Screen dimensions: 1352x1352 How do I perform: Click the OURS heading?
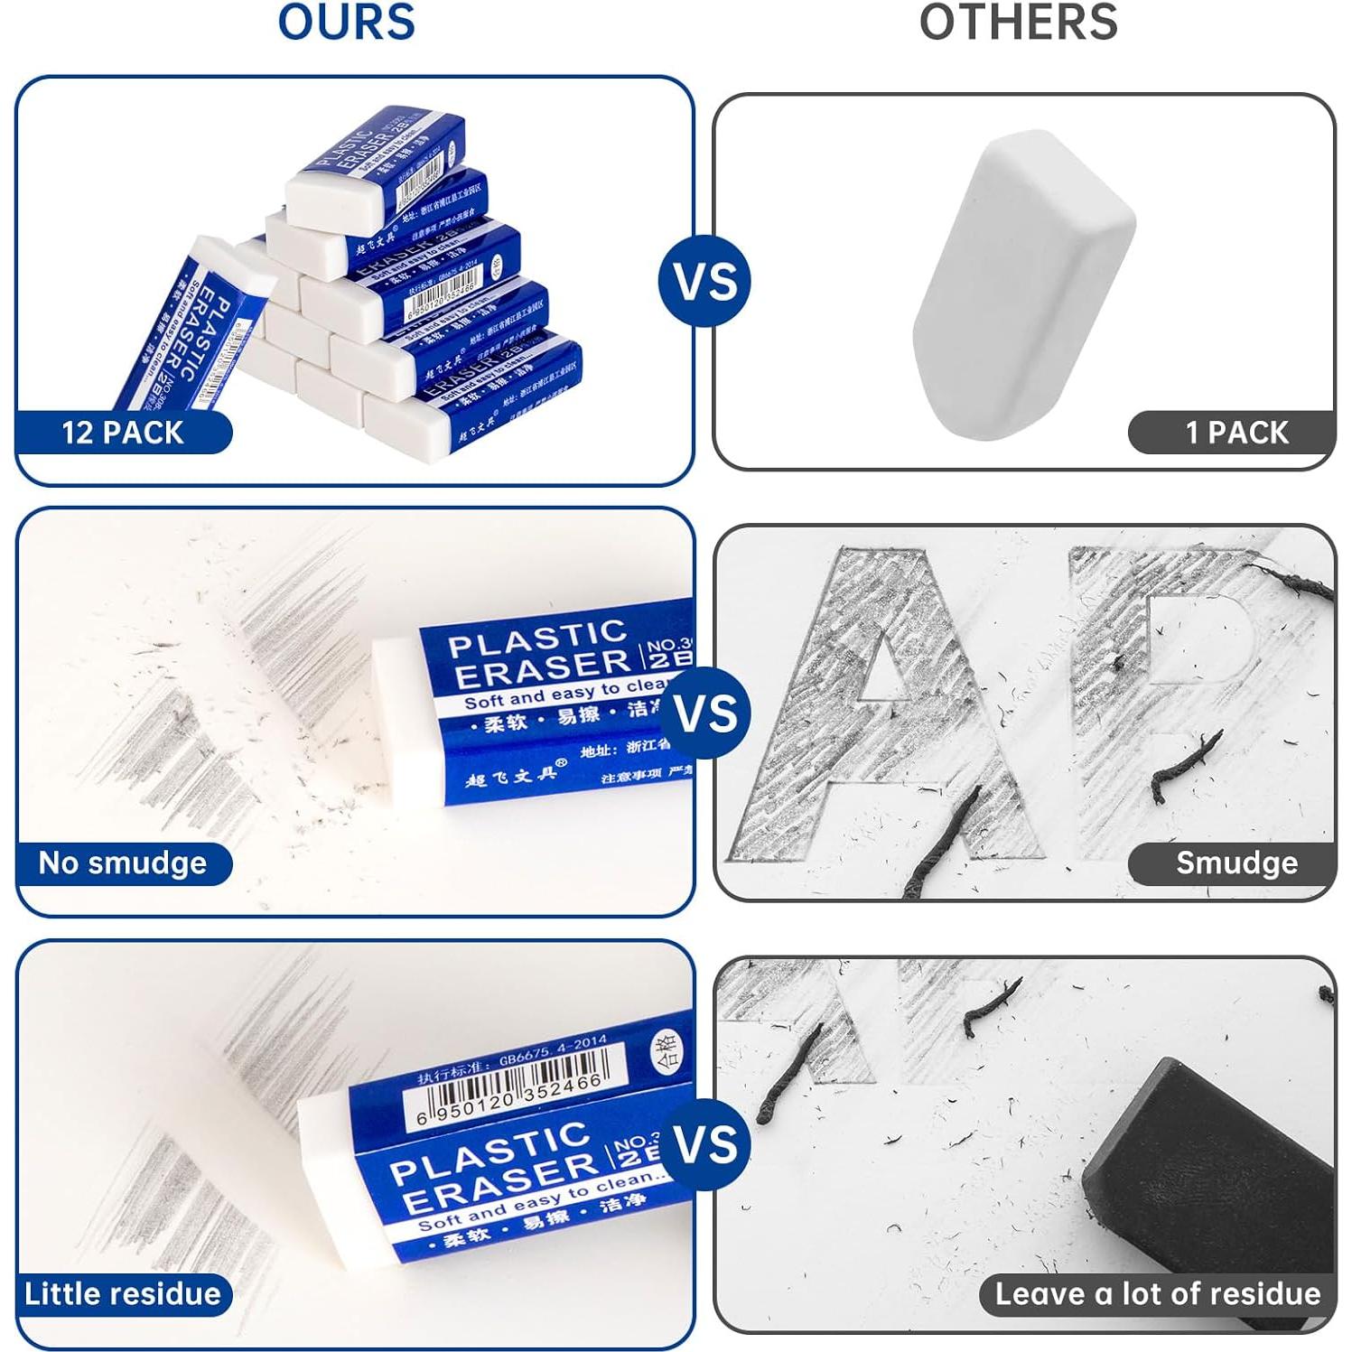pos(347,22)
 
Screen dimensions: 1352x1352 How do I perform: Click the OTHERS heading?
pos(1018,22)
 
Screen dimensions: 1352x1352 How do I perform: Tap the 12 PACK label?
pos(123,432)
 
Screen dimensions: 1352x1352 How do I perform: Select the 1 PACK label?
pos(1236,432)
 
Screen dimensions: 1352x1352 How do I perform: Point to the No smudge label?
pos(123,862)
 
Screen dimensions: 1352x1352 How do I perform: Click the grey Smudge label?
pos(1236,862)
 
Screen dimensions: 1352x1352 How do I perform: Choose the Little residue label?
pos(123,1293)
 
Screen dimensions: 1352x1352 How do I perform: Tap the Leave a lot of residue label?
pos(1157,1293)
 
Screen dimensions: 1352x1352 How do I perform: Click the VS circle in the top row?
pos(705,281)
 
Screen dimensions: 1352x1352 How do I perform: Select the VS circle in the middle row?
pos(705,713)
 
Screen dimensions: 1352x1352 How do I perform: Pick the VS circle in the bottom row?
pos(705,1144)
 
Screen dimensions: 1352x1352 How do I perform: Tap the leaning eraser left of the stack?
pos(194,325)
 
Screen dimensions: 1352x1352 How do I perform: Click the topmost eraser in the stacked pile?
pos(375,167)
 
